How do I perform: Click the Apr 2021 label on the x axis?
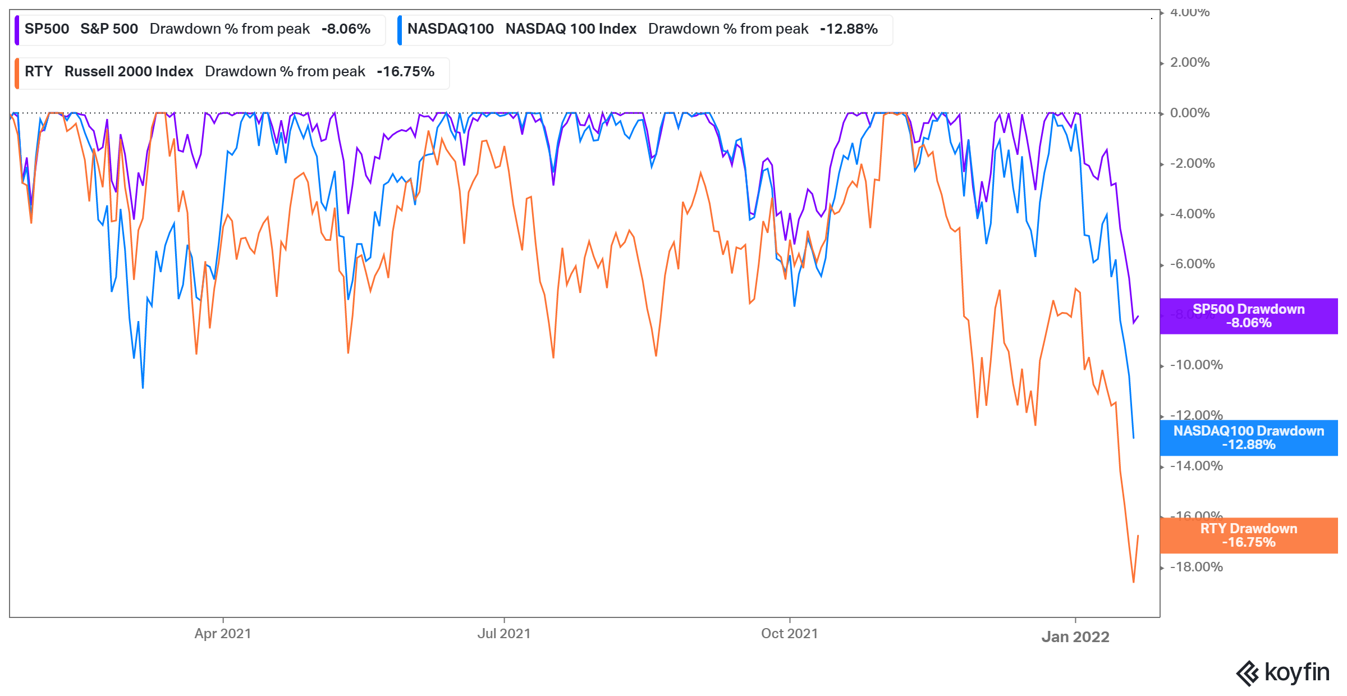(x=223, y=634)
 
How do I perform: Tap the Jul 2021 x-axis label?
(x=503, y=634)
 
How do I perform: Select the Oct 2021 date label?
(x=789, y=634)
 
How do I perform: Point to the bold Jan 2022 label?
(x=1075, y=637)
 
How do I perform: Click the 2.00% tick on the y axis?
(x=1189, y=62)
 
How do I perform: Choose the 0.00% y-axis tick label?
(x=1189, y=113)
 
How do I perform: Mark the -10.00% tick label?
(x=1196, y=365)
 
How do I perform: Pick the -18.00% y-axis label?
(x=1196, y=567)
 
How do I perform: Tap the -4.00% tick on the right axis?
(x=1192, y=214)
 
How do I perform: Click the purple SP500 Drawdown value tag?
(x=1248, y=316)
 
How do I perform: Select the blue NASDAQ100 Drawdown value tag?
(x=1248, y=438)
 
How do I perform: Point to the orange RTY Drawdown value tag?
(x=1248, y=535)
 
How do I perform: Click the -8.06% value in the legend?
(x=346, y=29)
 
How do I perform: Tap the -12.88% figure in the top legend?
(x=849, y=29)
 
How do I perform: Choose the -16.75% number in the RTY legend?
(x=405, y=72)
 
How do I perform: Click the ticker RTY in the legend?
(x=39, y=72)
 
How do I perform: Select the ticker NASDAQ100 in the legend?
(x=450, y=29)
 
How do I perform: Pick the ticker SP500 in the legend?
(x=47, y=29)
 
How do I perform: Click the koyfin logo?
(x=1283, y=672)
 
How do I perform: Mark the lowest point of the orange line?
(x=1133, y=582)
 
